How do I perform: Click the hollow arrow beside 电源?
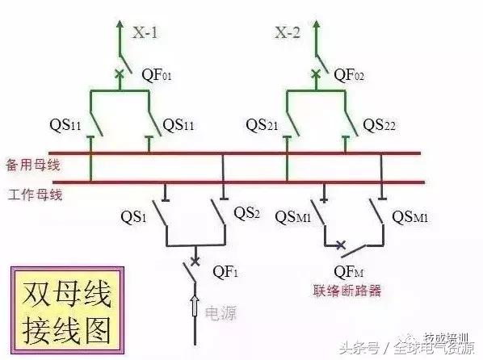pos(194,307)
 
